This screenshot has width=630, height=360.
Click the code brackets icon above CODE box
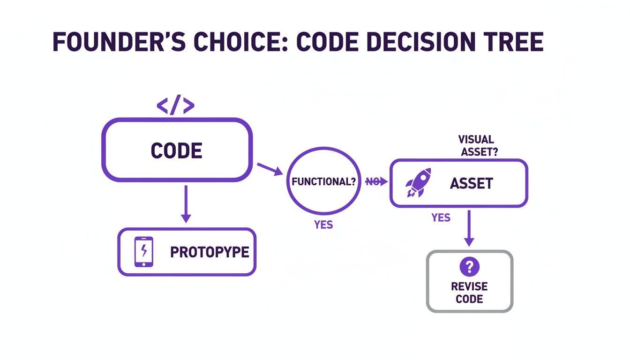175,106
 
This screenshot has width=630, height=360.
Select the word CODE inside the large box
177,151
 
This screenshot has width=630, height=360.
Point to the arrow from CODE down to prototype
186,204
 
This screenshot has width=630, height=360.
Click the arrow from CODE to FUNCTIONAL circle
269,169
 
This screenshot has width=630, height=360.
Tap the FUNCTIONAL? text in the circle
323,182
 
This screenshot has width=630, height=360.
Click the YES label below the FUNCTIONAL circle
323,225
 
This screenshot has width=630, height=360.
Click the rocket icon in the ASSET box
418,182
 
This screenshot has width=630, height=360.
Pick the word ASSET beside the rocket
471,183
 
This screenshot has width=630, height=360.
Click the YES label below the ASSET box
441,217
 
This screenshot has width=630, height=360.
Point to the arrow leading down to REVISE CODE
469,228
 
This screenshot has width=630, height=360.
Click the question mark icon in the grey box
469,267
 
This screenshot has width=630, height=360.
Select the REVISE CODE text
469,292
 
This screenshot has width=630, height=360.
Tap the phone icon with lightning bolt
144,252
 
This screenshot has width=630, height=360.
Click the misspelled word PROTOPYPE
210,252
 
